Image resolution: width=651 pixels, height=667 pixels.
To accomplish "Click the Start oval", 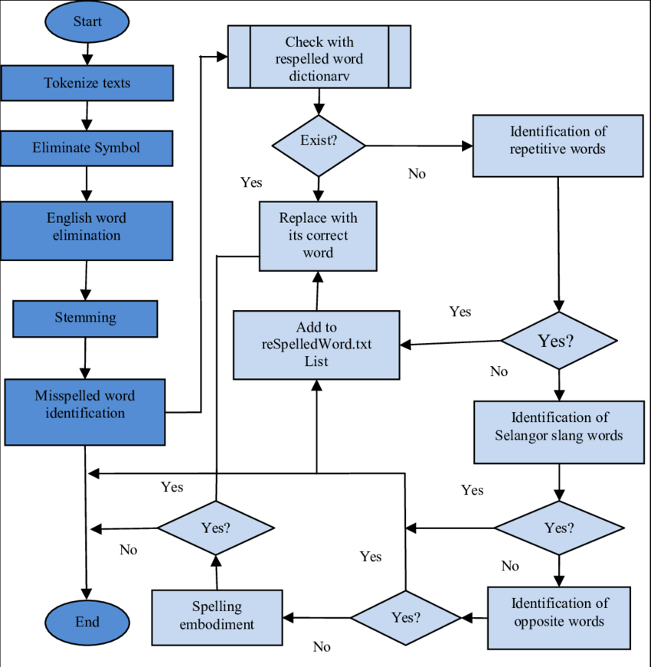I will [x=87, y=21].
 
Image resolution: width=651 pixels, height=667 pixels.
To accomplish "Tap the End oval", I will [x=87, y=622].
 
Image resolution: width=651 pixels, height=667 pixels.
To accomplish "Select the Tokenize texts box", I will [x=87, y=83].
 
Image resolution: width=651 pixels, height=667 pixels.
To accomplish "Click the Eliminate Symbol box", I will [x=86, y=148].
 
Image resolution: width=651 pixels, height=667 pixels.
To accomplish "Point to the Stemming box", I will [x=85, y=318].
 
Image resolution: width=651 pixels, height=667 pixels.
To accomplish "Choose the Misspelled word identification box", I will [x=84, y=412].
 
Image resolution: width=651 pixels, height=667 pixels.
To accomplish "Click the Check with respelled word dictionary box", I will [x=319, y=58].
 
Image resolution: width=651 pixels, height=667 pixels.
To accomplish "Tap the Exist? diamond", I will [x=319, y=142].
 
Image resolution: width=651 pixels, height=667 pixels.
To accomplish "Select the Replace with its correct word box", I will [x=318, y=236].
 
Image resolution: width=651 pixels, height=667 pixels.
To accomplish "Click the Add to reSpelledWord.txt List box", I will [x=316, y=344].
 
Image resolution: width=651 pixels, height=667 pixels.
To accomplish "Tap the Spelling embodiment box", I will [x=217, y=616].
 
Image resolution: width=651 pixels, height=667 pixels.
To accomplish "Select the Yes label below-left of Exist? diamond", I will [x=251, y=182].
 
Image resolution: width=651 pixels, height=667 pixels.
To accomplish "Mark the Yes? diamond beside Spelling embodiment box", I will [x=405, y=617].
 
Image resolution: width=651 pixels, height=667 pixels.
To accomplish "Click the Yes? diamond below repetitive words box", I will [x=558, y=341].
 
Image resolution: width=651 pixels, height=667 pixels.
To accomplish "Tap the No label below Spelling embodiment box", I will [x=321, y=647].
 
